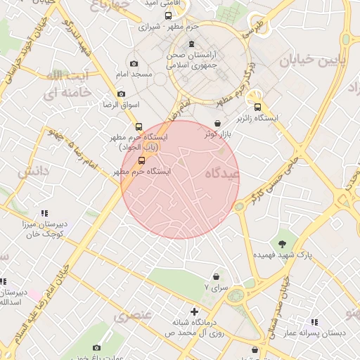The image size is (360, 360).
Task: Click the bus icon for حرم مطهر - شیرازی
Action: pyautogui.click(x=167, y=15)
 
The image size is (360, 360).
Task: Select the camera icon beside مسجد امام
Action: pyautogui.click(x=134, y=64)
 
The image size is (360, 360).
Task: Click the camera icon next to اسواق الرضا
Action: pyautogui.click(x=121, y=94)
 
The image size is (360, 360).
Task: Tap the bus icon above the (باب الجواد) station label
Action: pyautogui.click(x=139, y=127)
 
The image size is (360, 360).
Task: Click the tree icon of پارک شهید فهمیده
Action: pyautogui.click(x=282, y=243)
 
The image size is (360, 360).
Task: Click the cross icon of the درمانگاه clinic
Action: pyautogui.click(x=195, y=311)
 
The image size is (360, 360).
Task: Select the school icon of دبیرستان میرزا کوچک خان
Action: pyautogui.click(x=44, y=213)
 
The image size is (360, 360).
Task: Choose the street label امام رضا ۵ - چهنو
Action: pyautogui.click(x=77, y=148)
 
